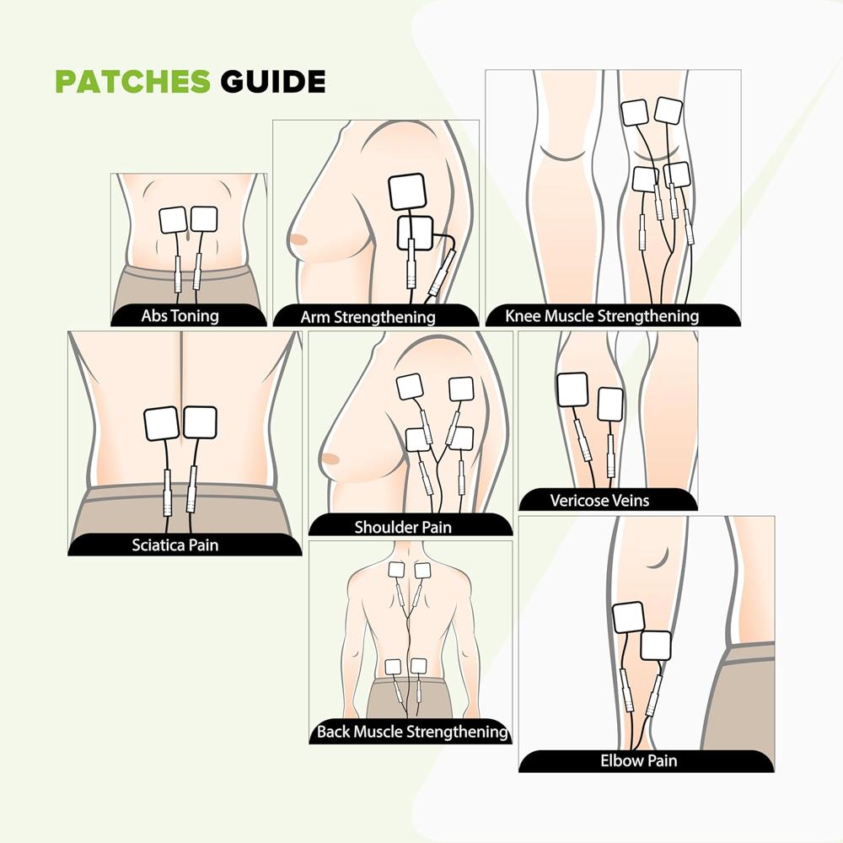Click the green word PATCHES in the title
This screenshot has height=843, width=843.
coord(132,82)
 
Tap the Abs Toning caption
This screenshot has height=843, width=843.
coord(180,317)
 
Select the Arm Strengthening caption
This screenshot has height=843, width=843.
coord(368,318)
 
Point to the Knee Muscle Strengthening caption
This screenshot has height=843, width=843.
coord(602,317)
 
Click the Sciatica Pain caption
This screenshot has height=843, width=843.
coord(175,545)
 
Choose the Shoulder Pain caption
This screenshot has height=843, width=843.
coord(402,528)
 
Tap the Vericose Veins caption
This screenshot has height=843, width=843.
coord(599,501)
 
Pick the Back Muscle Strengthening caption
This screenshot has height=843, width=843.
coord(412,731)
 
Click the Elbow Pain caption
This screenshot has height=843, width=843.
coord(638,760)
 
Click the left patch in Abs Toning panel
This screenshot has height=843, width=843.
coord(174,220)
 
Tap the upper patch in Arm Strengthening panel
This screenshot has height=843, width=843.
coord(407,191)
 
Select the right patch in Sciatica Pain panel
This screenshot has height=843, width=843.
coord(201,422)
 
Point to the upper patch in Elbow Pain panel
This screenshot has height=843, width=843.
coord(628,618)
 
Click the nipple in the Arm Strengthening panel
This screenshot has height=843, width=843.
coord(298,239)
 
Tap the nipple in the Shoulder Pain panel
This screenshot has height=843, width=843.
coord(329,459)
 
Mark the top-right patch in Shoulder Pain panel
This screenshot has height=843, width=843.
coord(460,389)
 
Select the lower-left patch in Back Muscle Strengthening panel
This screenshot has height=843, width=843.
coord(393,666)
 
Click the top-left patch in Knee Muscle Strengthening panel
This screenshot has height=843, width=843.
coord(635,112)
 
